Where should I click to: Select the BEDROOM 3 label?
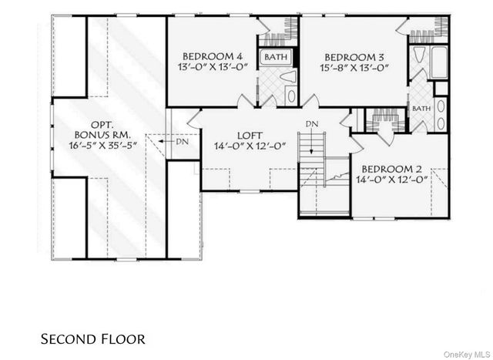coord(354,56)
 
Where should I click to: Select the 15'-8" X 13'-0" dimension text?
coord(354,68)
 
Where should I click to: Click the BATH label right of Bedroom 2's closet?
coord(421,109)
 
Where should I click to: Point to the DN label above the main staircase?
coord(310,124)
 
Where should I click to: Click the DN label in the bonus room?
coord(180,142)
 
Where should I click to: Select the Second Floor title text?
coord(92,338)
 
